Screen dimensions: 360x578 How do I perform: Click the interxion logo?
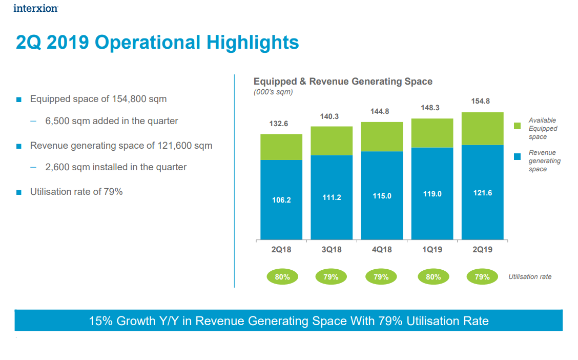[35, 8]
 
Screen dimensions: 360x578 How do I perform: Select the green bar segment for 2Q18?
[281, 147]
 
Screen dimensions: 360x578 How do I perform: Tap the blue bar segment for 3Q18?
[332, 197]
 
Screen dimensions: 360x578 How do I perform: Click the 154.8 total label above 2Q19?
[480, 102]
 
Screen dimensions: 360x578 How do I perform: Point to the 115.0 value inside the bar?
[382, 196]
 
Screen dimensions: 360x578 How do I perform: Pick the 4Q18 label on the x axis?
[382, 250]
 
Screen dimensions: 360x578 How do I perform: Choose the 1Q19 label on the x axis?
[432, 250]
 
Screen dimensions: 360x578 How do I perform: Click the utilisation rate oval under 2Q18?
[282, 277]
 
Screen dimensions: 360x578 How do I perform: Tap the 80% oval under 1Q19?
[433, 277]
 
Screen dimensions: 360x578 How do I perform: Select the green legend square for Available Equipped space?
[518, 126]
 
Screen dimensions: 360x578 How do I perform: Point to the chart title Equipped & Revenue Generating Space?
[343, 82]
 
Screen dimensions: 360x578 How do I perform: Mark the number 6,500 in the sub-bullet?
[57, 122]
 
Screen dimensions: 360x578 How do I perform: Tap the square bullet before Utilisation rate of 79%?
[19, 193]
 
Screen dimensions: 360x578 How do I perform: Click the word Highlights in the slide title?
[253, 43]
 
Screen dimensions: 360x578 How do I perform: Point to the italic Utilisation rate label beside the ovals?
[530, 277]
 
